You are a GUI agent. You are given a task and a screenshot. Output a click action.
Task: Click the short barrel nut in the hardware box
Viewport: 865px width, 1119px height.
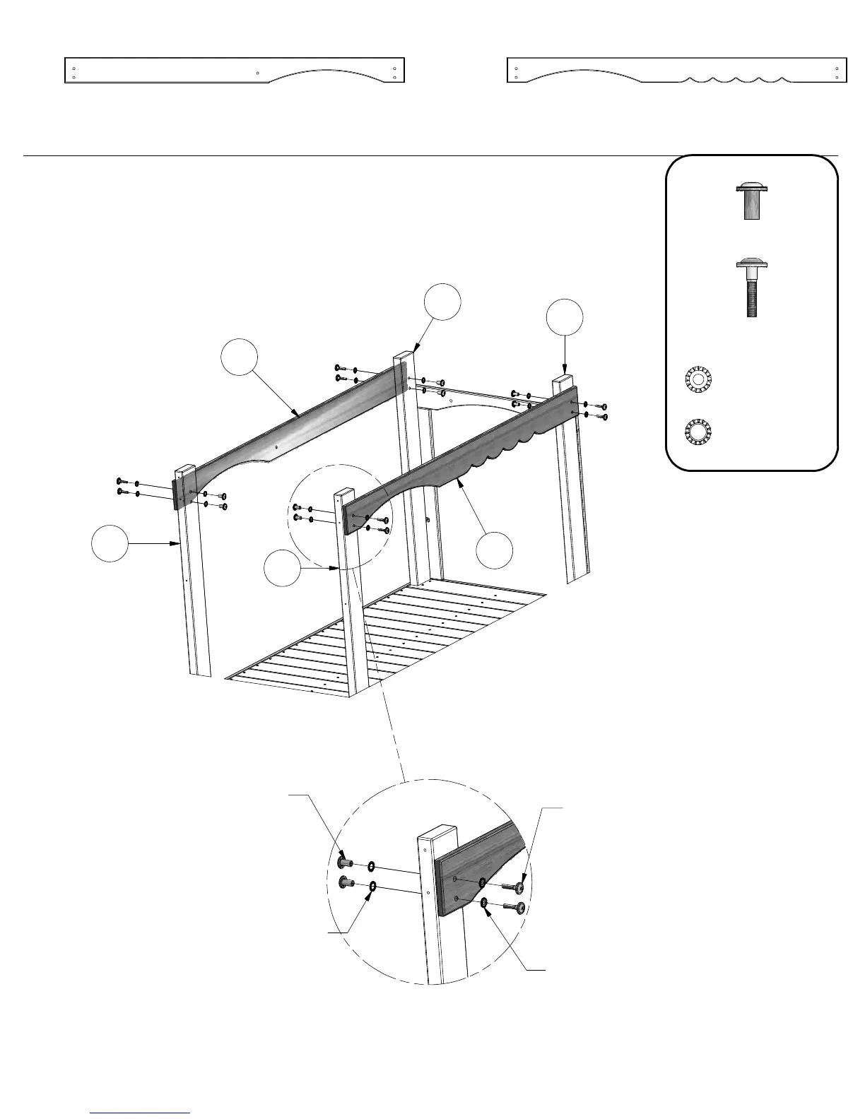(x=752, y=202)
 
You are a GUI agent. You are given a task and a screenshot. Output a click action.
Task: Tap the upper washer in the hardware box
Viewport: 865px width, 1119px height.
(x=698, y=379)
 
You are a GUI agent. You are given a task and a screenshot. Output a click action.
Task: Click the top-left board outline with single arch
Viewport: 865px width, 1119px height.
(x=234, y=70)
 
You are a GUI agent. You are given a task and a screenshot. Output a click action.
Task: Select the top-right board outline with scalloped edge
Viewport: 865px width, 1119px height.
(x=676, y=70)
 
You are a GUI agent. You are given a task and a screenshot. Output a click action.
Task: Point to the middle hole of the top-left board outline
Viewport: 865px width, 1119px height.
(x=257, y=73)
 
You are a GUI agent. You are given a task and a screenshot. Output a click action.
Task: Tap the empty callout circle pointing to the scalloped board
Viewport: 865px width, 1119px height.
(x=494, y=551)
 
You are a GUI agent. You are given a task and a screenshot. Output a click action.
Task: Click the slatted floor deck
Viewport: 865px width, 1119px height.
(x=385, y=636)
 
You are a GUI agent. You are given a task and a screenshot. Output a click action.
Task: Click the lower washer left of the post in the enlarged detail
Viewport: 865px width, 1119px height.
(x=373, y=887)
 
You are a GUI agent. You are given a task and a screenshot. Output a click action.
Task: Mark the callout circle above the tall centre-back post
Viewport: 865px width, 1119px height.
(x=442, y=302)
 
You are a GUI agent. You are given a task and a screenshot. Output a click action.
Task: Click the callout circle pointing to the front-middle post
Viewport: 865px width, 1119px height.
(x=281, y=569)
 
